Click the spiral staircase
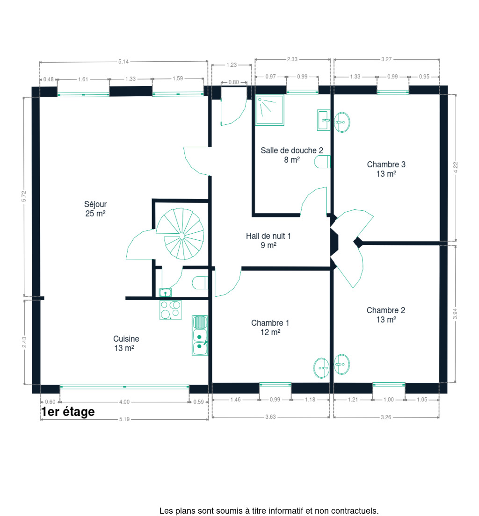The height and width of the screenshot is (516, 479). [x=180, y=234]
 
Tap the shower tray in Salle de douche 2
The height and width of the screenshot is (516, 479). [x=269, y=110]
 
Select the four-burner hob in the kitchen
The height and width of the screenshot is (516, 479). [x=171, y=310]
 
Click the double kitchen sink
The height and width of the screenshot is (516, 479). [x=200, y=335]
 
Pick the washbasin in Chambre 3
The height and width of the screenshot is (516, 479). [x=342, y=122]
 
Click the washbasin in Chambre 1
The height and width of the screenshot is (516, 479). [x=321, y=368]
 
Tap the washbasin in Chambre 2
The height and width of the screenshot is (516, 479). [x=342, y=364]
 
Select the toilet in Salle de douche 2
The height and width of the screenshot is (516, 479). [x=322, y=162]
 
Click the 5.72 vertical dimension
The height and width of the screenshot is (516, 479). [x=24, y=196]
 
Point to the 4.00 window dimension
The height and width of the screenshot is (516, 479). [x=124, y=402]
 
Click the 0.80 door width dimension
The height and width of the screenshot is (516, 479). [x=233, y=82]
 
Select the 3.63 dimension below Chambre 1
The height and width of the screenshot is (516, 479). [x=270, y=417]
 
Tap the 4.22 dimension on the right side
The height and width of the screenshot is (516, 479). [x=456, y=167]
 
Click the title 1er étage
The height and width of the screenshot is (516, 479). [x=68, y=412]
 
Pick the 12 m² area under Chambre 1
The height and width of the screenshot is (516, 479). [x=270, y=332]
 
